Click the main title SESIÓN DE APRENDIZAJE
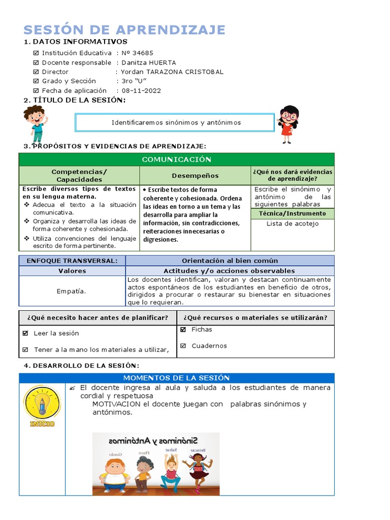[x=124, y=29]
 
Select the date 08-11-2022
[x=141, y=90]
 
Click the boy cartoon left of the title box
[x=36, y=123]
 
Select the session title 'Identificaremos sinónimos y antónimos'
[x=176, y=122]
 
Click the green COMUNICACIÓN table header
[x=176, y=159]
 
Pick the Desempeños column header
[x=195, y=176]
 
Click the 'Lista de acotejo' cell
[x=292, y=223]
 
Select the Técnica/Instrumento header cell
[x=292, y=213]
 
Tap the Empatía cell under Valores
[x=72, y=291]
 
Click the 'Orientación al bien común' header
[x=230, y=261]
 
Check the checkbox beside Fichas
[x=183, y=330]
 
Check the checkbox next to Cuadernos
[x=183, y=346]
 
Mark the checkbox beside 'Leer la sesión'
[x=26, y=334]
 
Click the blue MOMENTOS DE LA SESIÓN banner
[x=176, y=378]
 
